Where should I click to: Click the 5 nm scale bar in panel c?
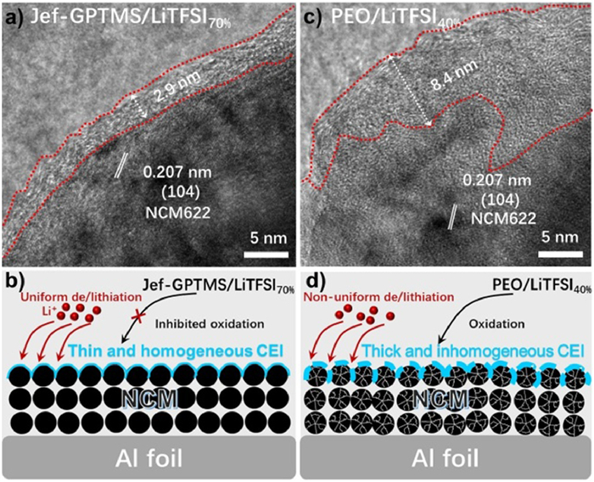point(563,252)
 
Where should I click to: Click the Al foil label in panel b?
point(148,459)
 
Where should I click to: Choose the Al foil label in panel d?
point(447,459)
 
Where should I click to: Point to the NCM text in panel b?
point(148,399)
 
